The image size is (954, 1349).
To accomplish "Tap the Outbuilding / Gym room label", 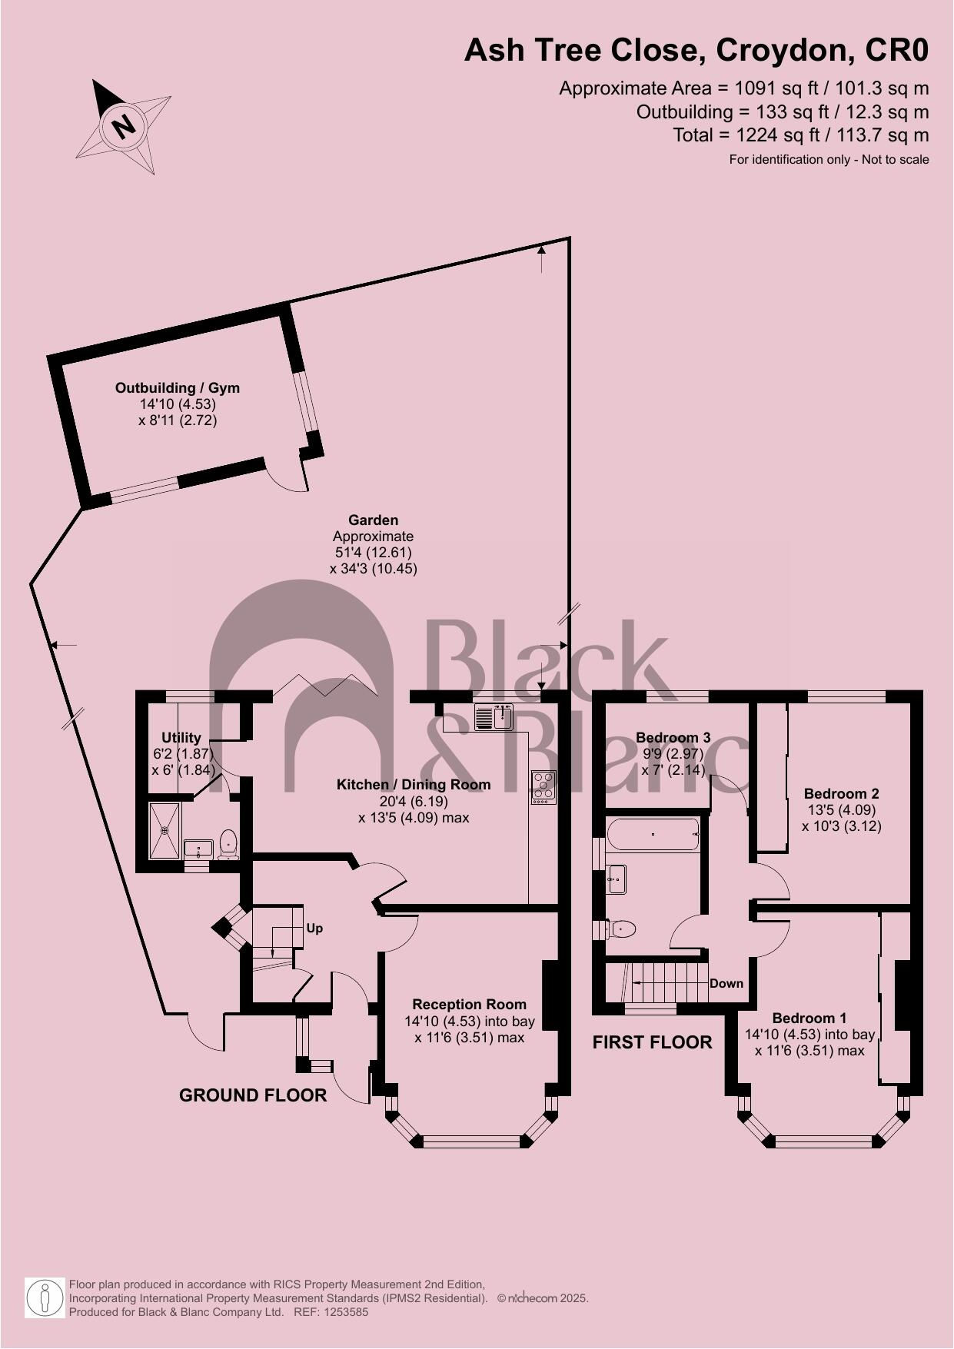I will (x=178, y=388).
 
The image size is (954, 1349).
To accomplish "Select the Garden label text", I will (x=373, y=520).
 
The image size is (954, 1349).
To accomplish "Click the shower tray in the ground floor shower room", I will (x=164, y=830).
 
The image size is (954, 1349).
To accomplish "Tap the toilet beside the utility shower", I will (x=228, y=844).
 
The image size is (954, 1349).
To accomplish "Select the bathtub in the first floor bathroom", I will (x=653, y=834).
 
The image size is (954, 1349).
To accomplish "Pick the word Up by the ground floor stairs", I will (x=314, y=929).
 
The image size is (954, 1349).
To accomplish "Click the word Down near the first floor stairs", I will (x=726, y=984).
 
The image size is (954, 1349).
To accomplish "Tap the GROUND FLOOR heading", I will (x=253, y=1095).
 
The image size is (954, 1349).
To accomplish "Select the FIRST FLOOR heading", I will (x=652, y=1042).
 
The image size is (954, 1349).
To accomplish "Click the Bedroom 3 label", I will (x=673, y=738).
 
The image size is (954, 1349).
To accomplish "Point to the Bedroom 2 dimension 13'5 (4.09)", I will (x=841, y=809).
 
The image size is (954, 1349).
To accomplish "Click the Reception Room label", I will (x=469, y=1004).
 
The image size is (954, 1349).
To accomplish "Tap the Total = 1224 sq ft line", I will (x=800, y=135).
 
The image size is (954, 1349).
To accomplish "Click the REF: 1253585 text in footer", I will (x=331, y=1312).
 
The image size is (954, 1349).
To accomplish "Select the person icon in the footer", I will (x=45, y=1297).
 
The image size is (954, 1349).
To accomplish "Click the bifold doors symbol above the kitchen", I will (x=326, y=684).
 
